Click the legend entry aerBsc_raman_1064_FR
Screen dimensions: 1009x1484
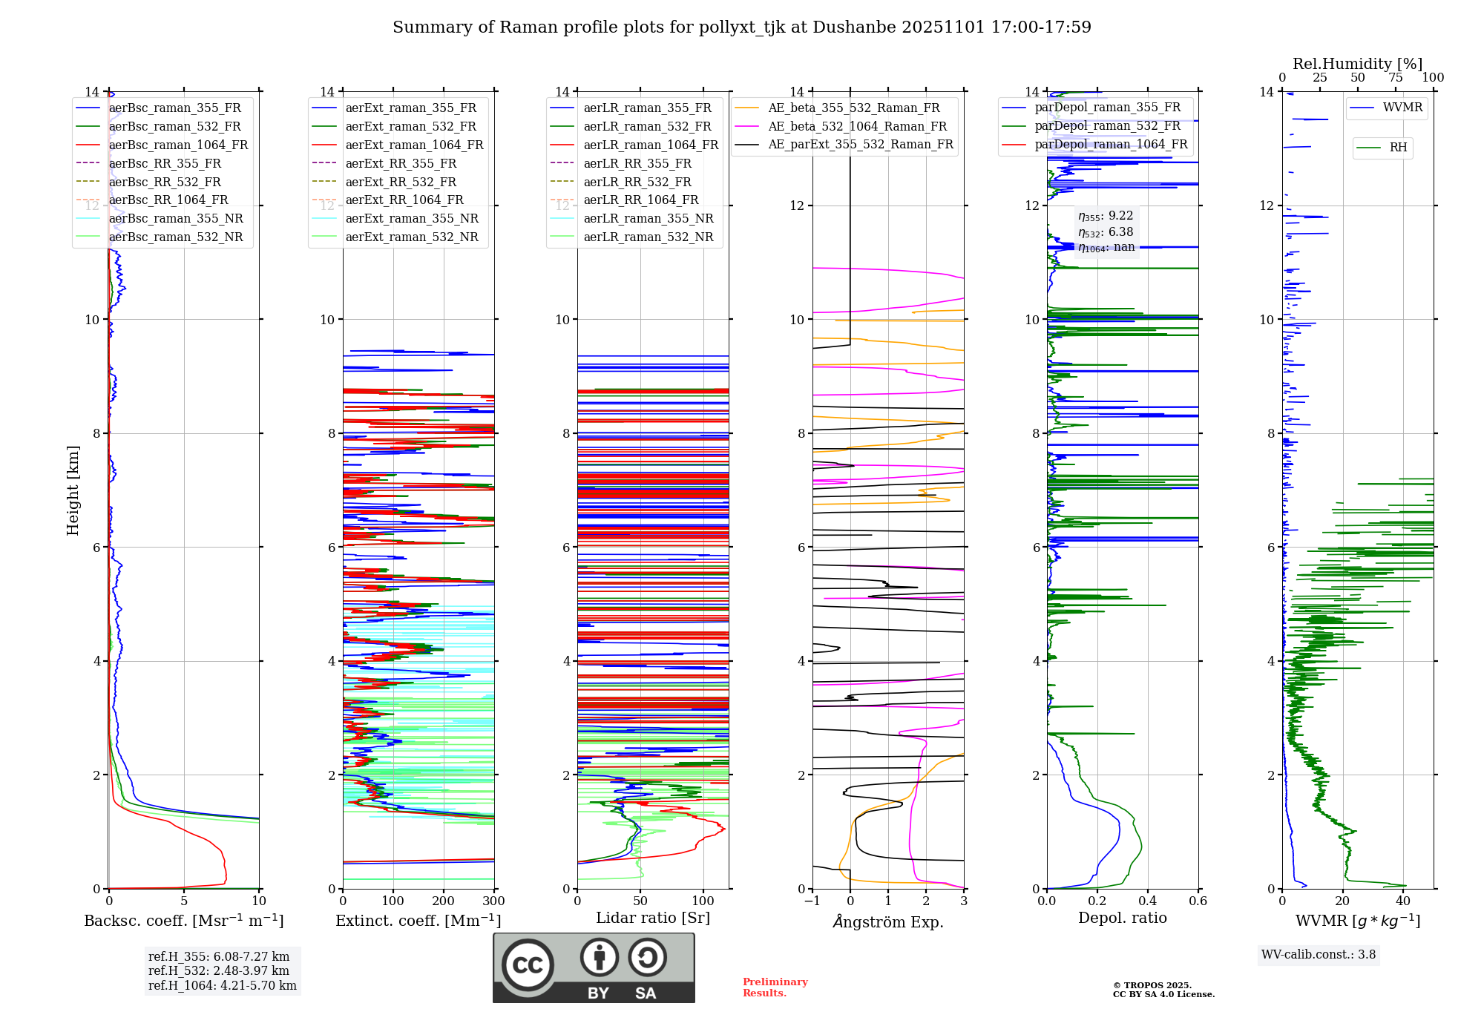point(178,145)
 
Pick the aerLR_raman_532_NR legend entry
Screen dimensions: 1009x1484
point(648,237)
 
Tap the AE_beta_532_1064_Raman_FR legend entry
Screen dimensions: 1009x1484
point(857,127)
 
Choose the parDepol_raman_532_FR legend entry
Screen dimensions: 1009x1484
point(1107,126)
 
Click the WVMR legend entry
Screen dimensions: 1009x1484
point(1402,108)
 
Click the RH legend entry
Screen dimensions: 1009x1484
point(1398,148)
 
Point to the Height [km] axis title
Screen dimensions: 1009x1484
point(73,490)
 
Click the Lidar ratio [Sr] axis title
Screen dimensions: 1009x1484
point(653,918)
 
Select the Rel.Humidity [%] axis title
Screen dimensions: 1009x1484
point(1357,64)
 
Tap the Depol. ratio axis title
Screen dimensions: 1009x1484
point(1122,918)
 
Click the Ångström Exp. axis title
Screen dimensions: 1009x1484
point(888,922)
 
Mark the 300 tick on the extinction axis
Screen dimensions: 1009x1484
point(494,901)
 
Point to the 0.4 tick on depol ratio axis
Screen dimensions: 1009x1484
point(1148,901)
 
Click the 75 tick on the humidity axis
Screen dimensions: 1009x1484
point(1396,78)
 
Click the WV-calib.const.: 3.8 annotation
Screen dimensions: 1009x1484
point(1319,955)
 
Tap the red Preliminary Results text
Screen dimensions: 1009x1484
point(775,987)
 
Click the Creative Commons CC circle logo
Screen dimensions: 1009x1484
point(528,964)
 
